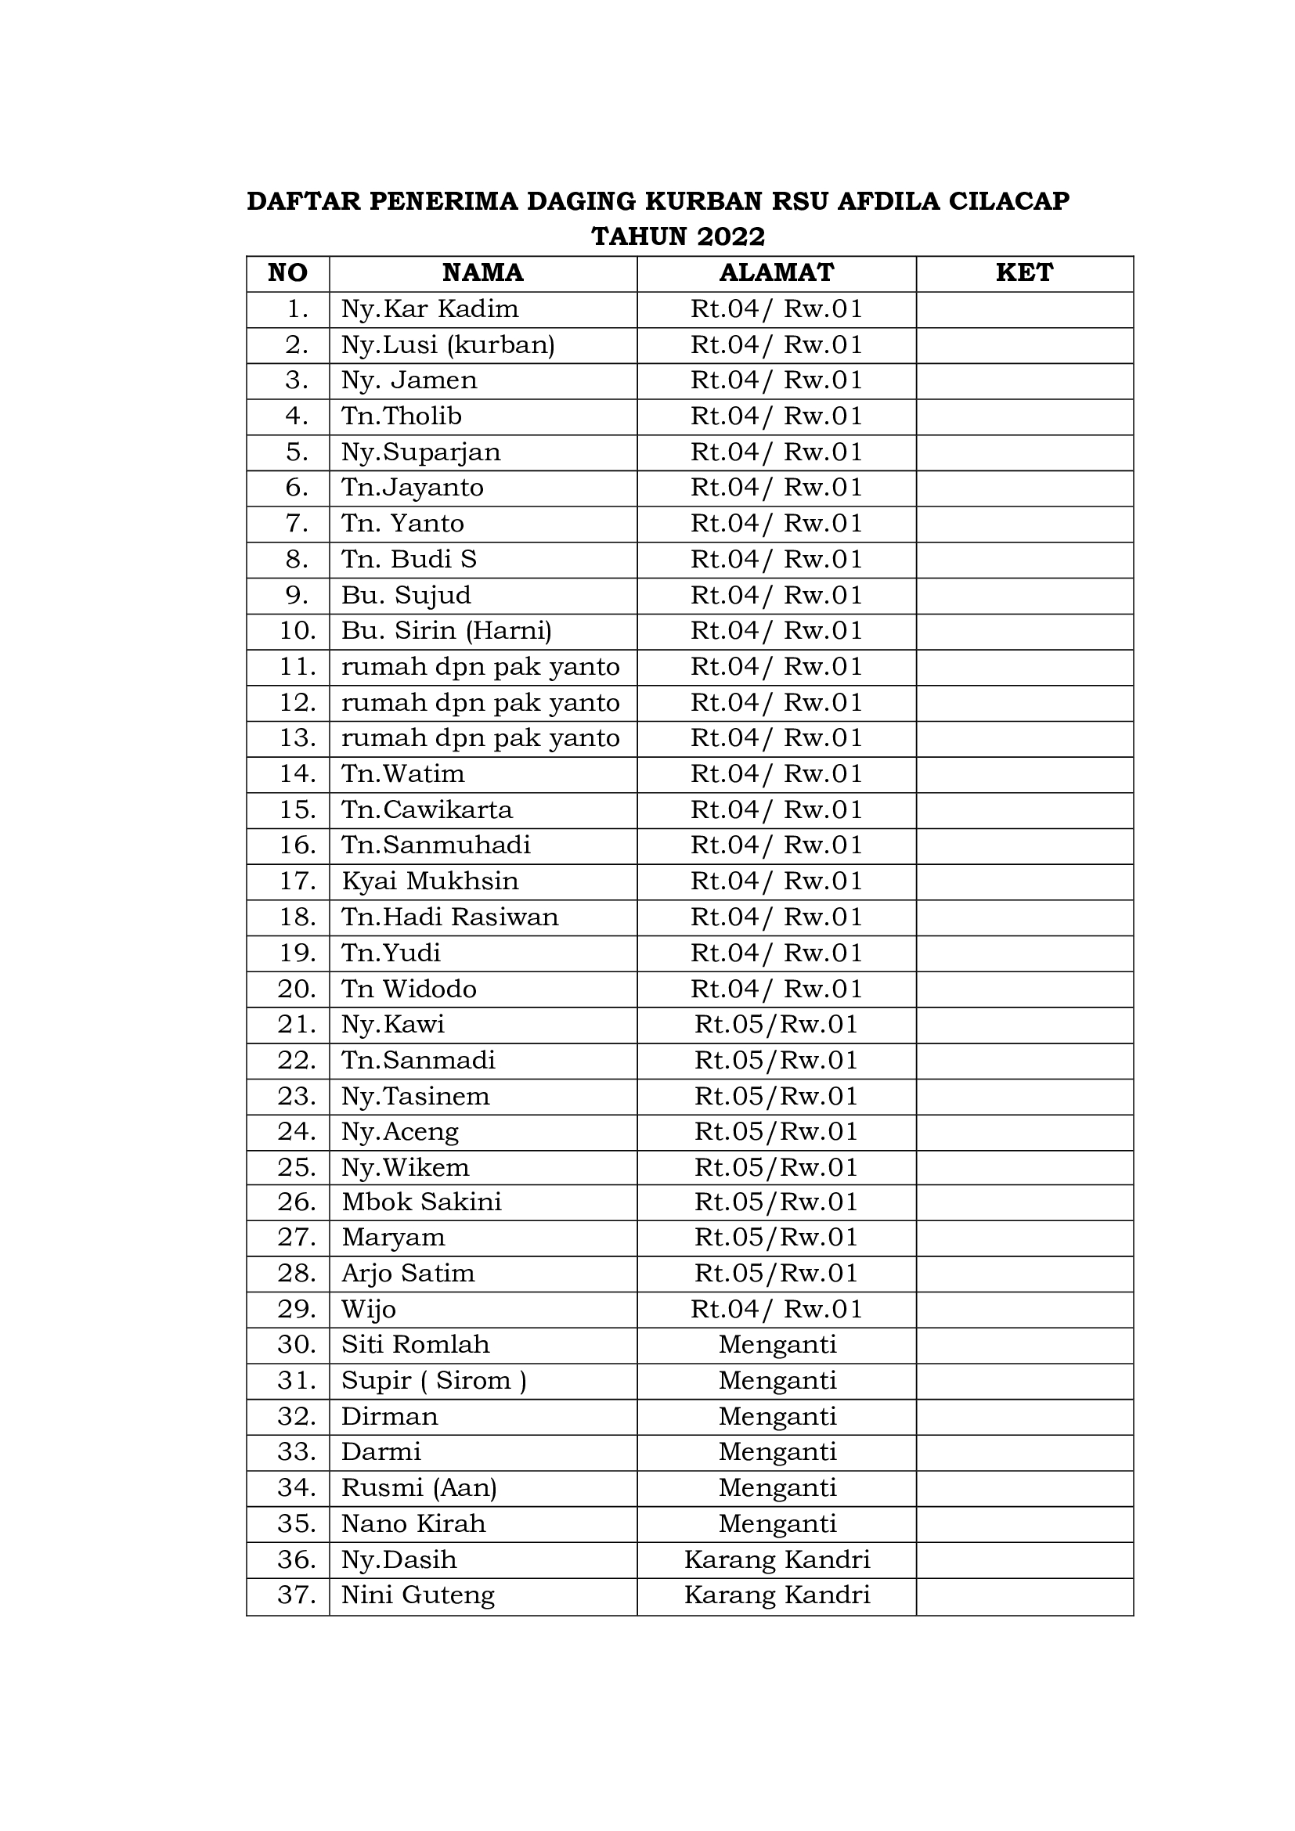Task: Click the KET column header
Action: click(x=1024, y=272)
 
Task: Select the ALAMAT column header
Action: click(x=776, y=272)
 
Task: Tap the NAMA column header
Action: click(x=482, y=272)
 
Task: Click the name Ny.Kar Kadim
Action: click(x=430, y=308)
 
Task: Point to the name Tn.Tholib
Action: click(x=401, y=416)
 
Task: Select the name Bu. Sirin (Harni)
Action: click(x=446, y=630)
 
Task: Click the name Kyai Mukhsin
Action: click(x=430, y=881)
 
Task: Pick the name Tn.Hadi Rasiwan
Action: click(x=449, y=917)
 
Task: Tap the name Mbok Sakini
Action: click(x=422, y=1201)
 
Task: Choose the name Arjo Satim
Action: click(x=408, y=1273)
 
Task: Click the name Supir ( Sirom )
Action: click(x=434, y=1379)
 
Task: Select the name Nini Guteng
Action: click(x=418, y=1594)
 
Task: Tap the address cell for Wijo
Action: click(x=776, y=1309)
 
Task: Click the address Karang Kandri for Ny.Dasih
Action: click(x=776, y=1559)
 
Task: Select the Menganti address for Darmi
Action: click(x=776, y=1451)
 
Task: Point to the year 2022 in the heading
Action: click(x=730, y=237)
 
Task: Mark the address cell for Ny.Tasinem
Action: click(x=776, y=1096)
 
